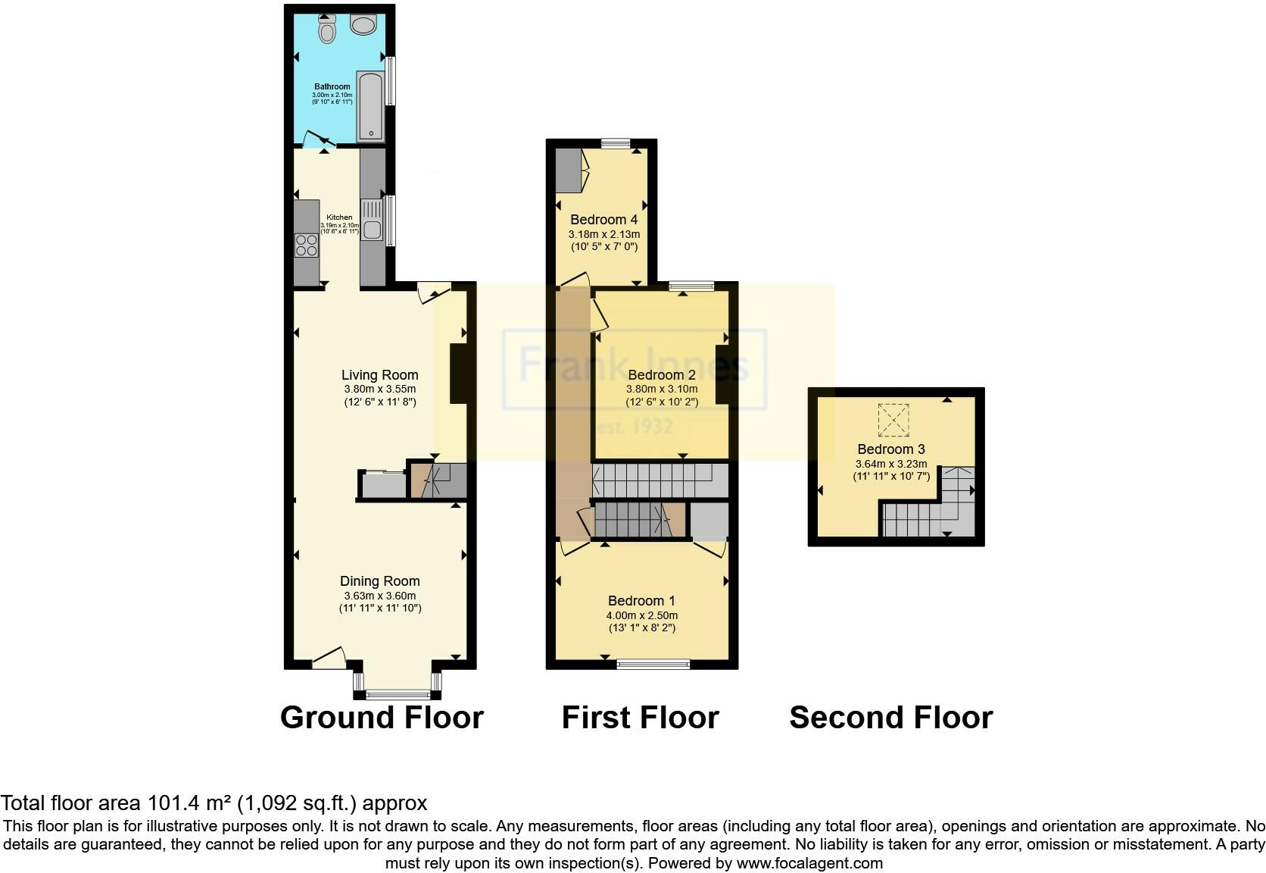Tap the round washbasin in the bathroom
363,26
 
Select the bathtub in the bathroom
371,106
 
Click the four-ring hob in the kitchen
307,246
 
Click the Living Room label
379,375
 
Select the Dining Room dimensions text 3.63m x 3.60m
379,596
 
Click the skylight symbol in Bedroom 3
893,420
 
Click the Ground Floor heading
382,718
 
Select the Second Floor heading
890,718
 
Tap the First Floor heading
640,718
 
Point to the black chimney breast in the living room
459,374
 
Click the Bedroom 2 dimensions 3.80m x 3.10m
661,389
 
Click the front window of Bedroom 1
653,665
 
